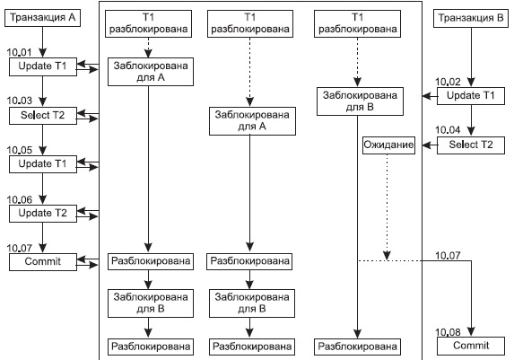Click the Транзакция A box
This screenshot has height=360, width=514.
[x=42, y=18]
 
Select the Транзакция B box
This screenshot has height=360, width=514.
[x=471, y=18]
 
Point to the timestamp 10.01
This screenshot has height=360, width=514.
[x=20, y=52]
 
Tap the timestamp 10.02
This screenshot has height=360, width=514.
[x=448, y=82]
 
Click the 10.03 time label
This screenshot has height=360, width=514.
[x=20, y=101]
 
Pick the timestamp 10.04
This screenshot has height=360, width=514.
[x=448, y=130]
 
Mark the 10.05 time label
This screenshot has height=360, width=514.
[x=20, y=150]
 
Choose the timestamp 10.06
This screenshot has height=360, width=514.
[x=20, y=199]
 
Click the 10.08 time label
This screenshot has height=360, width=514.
[x=448, y=332]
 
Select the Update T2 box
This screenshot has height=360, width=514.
[x=43, y=214]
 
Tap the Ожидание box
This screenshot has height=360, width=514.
[x=388, y=145]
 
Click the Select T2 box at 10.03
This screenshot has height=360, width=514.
[x=43, y=116]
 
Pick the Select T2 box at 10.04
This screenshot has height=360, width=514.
[x=471, y=145]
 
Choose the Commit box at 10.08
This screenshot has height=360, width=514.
[x=471, y=346]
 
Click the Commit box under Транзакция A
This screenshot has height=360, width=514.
[x=43, y=262]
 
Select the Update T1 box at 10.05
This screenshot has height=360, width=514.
[x=43, y=164]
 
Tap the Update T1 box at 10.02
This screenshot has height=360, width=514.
[x=471, y=96]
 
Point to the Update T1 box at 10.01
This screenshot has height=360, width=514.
[x=43, y=67]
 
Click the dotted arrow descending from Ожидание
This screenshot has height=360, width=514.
[x=388, y=207]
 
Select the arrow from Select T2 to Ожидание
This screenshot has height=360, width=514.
[x=430, y=145]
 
